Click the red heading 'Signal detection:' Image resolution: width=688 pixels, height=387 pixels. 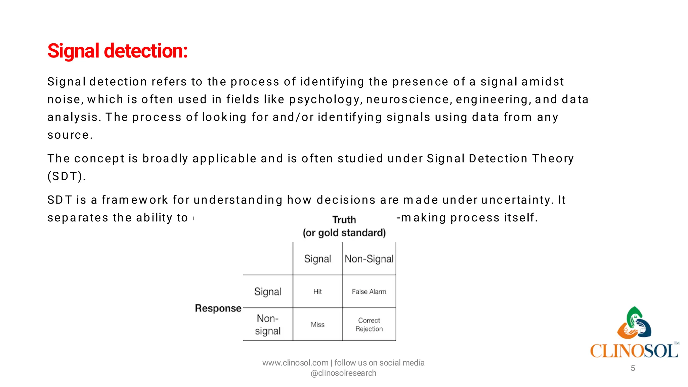click(117, 51)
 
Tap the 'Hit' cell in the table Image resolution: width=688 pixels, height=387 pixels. click(317, 292)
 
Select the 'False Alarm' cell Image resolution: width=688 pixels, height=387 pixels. click(369, 292)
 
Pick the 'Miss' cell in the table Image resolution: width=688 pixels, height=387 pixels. click(317, 325)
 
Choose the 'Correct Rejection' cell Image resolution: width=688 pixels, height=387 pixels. click(369, 325)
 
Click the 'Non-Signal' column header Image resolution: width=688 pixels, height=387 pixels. click(369, 259)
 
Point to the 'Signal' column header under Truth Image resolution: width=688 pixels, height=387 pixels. click(317, 259)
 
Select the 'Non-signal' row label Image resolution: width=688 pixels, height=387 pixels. click(267, 325)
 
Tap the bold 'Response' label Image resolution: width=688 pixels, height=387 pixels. click(218, 308)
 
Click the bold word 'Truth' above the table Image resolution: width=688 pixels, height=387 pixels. click(344, 220)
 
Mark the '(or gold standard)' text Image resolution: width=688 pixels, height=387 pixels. click(344, 233)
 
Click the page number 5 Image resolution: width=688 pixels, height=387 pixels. click(633, 368)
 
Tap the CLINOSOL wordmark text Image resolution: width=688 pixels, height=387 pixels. click(634, 351)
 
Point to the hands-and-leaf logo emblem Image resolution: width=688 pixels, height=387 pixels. click(634, 323)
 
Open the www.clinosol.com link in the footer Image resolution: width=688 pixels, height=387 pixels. click(295, 363)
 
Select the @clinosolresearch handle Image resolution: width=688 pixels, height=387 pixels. click(343, 373)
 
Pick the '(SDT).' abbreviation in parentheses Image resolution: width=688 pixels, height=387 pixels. click(67, 176)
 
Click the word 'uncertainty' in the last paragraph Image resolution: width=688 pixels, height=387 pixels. click(516, 200)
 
